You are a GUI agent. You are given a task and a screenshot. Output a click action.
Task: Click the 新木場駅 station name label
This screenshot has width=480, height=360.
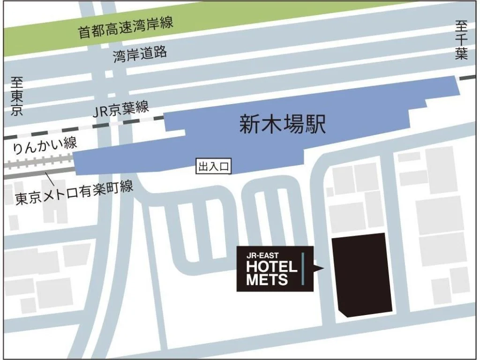(282, 125)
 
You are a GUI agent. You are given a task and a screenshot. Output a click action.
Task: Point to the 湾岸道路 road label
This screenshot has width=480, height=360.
(140, 54)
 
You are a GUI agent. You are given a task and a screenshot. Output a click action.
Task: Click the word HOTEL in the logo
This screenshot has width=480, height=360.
(272, 267)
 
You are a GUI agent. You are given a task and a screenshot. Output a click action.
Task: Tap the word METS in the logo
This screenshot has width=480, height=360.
(267, 280)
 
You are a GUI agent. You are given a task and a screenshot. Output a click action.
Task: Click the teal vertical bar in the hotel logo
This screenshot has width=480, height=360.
(303, 269)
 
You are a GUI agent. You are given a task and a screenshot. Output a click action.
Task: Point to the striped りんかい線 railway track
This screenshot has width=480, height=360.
(37, 164)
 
